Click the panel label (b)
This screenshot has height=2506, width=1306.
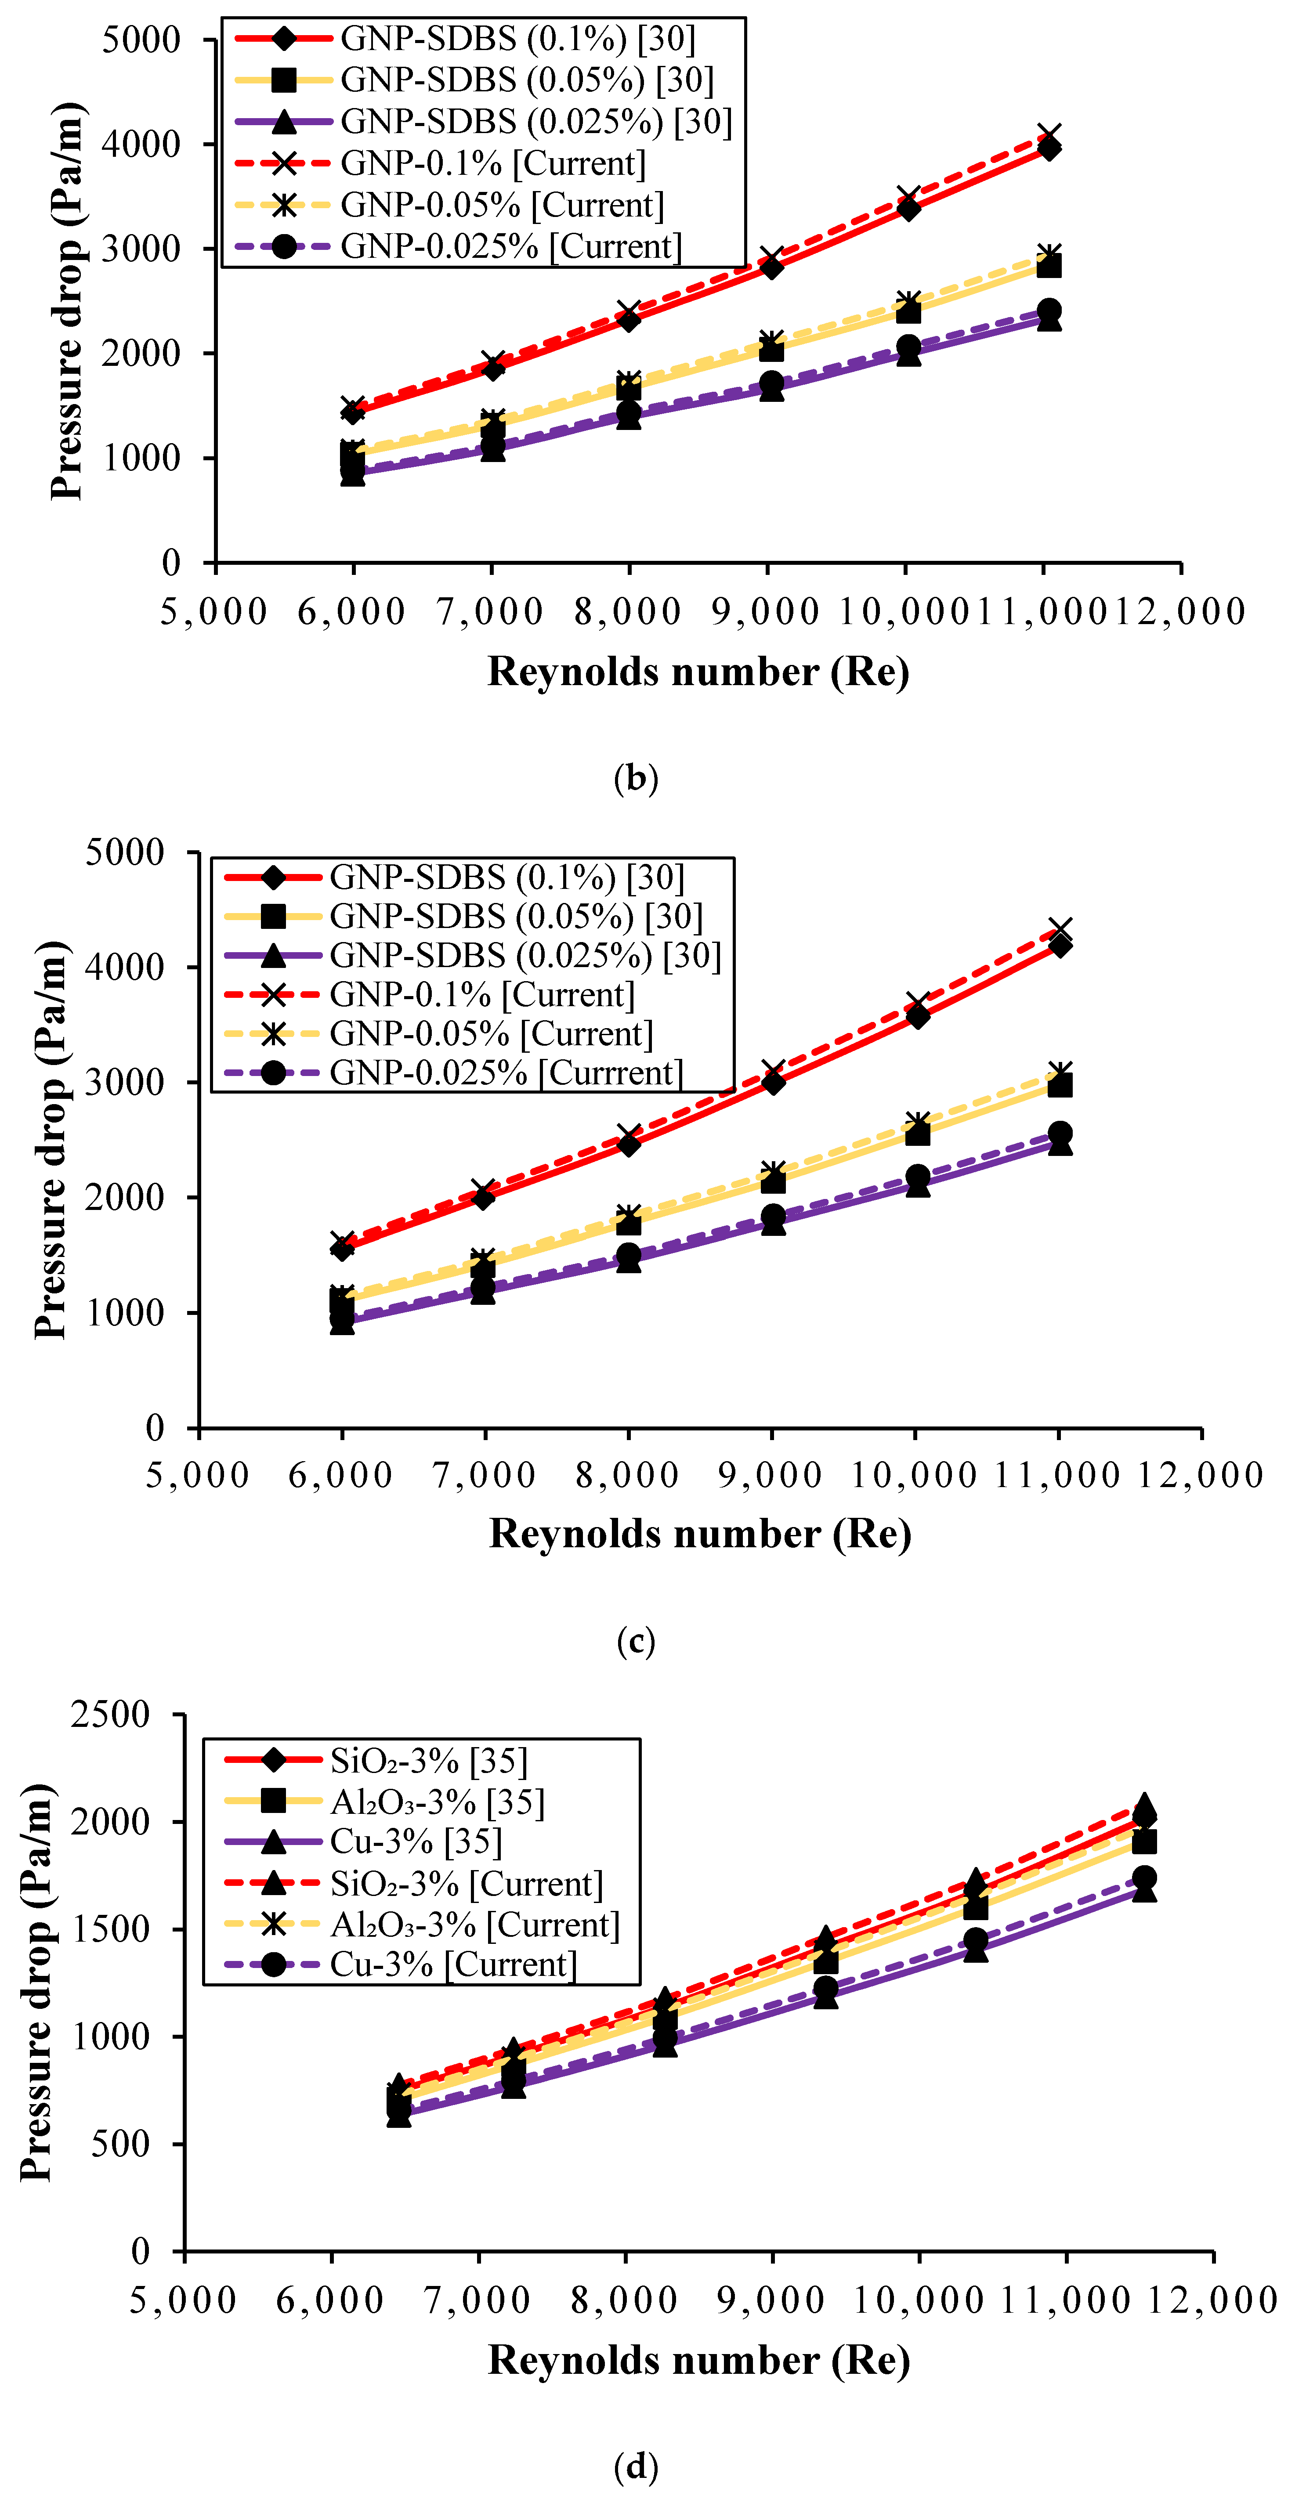pyautogui.click(x=637, y=778)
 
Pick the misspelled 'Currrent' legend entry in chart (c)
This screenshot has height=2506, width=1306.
pyautogui.click(x=506, y=1073)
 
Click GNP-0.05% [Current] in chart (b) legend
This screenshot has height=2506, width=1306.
pyautogui.click(x=501, y=205)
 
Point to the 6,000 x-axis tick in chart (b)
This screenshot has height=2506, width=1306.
pyautogui.click(x=351, y=612)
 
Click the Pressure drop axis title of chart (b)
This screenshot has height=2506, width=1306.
pyautogui.click(x=66, y=302)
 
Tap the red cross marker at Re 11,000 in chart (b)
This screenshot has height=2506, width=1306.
pyautogui.click(x=1048, y=135)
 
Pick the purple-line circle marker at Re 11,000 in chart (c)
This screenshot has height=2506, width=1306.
pyautogui.click(x=1060, y=1134)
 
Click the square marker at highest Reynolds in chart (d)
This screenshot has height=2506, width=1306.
pyautogui.click(x=1144, y=1842)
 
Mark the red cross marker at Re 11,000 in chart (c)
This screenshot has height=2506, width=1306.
pyautogui.click(x=1060, y=929)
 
